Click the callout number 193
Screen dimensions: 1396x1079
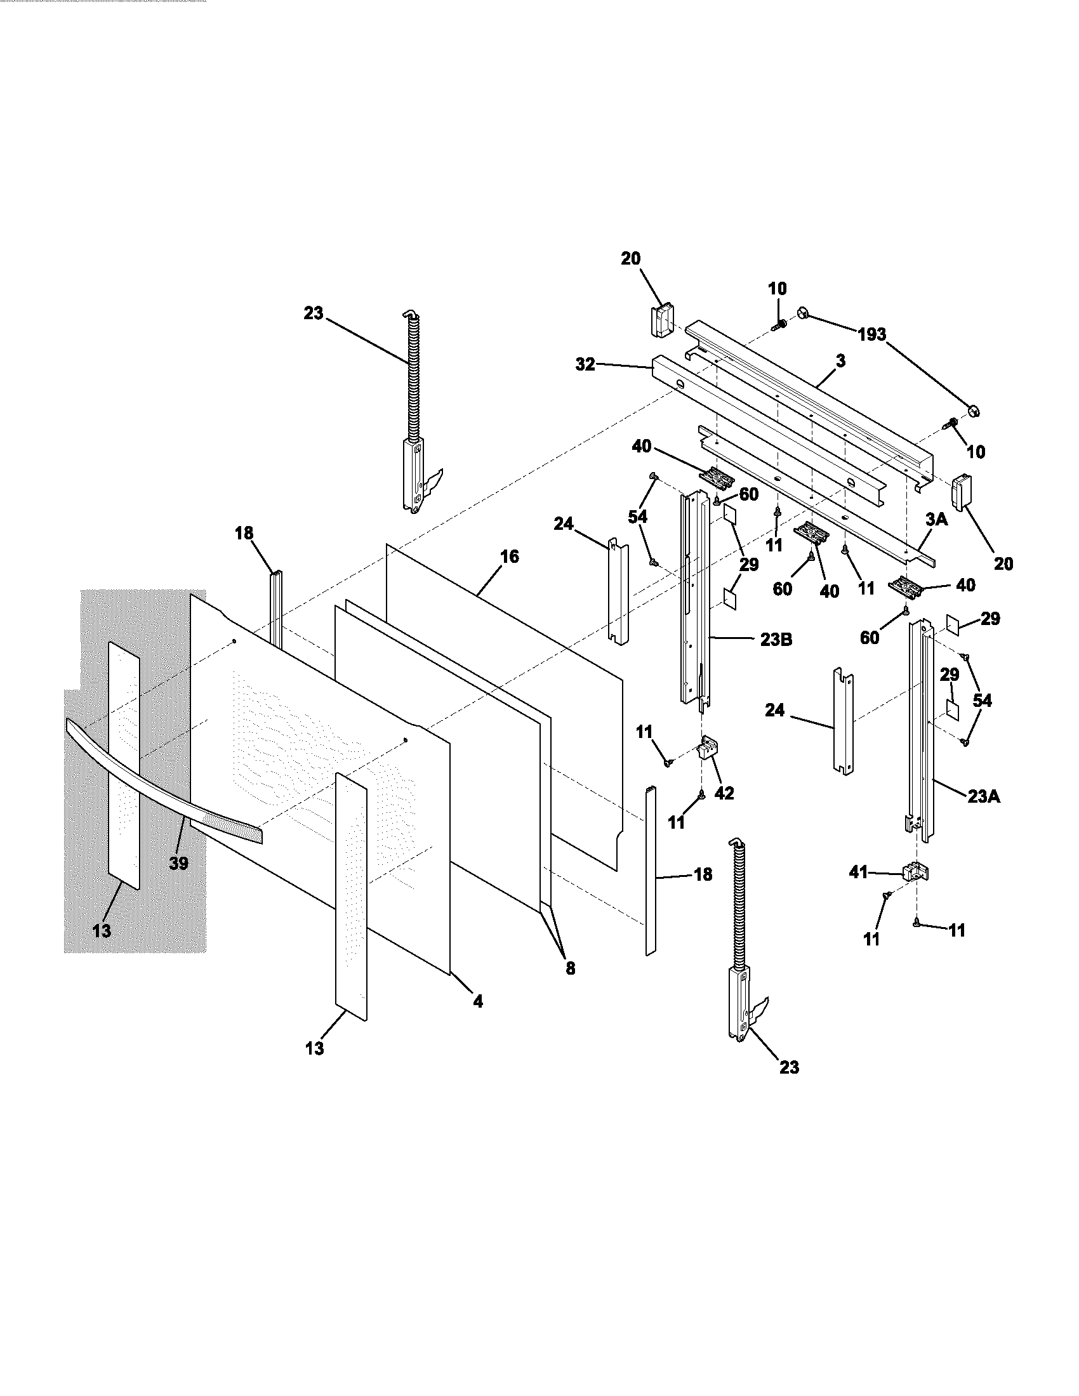(x=872, y=334)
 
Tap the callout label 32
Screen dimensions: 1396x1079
(x=585, y=364)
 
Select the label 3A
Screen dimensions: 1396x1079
(x=936, y=519)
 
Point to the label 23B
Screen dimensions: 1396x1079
(x=776, y=639)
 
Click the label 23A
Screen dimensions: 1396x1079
(x=984, y=796)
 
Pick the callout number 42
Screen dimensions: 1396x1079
(x=724, y=793)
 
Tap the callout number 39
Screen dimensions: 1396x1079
(x=178, y=863)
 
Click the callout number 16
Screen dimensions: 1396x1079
(x=509, y=556)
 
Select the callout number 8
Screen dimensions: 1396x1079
(x=570, y=968)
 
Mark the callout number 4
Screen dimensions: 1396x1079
(x=477, y=1001)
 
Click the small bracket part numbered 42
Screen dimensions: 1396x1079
(x=706, y=747)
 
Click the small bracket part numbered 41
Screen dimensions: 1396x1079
(x=915, y=871)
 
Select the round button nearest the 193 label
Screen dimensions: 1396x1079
(x=804, y=313)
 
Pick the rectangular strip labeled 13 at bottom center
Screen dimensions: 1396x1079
(x=351, y=895)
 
